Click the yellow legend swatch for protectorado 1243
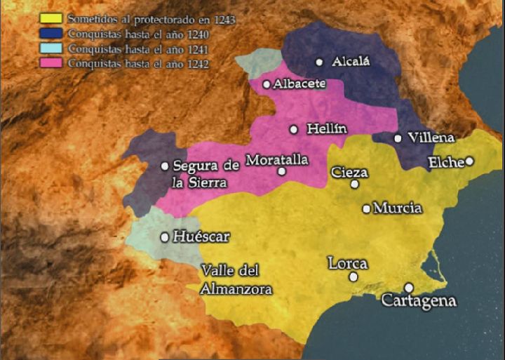53,18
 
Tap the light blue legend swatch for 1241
53,48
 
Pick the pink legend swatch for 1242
53,63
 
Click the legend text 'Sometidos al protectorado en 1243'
151,19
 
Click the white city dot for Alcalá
320,62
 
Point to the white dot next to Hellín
294,129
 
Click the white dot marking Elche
469,161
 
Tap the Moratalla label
277,159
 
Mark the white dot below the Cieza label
355,184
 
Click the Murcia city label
398,208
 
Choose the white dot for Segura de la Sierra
165,166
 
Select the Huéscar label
201,236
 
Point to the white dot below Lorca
353,276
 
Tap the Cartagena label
419,301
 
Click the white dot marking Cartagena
409,287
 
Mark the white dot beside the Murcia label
366,208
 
